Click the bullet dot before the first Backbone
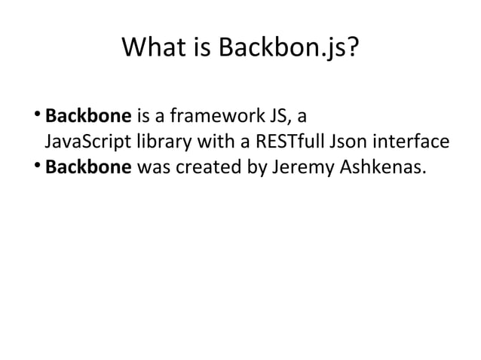[x=38, y=115]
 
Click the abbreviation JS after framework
[x=273, y=117]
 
